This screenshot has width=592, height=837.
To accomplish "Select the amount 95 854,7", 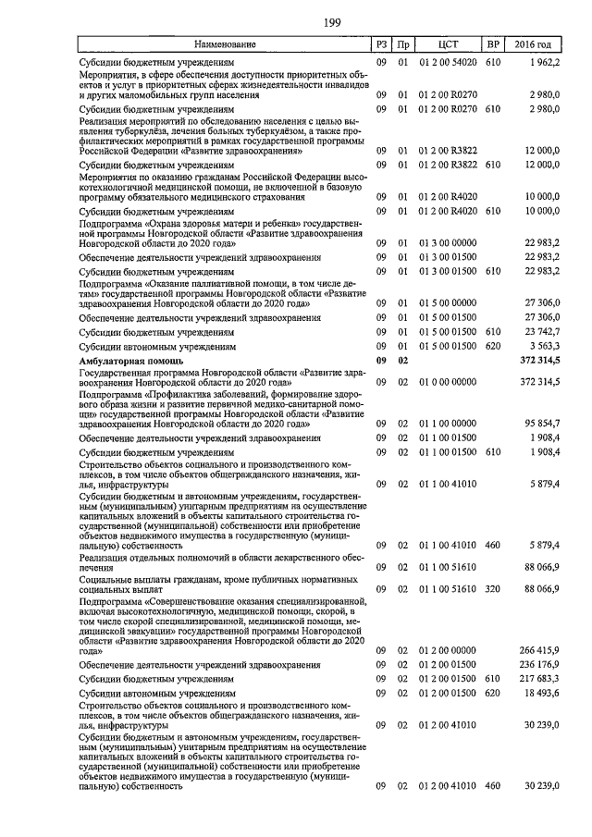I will (539, 424).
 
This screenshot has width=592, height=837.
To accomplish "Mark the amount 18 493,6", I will (539, 693).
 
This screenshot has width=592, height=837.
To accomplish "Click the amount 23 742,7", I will (539, 331).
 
